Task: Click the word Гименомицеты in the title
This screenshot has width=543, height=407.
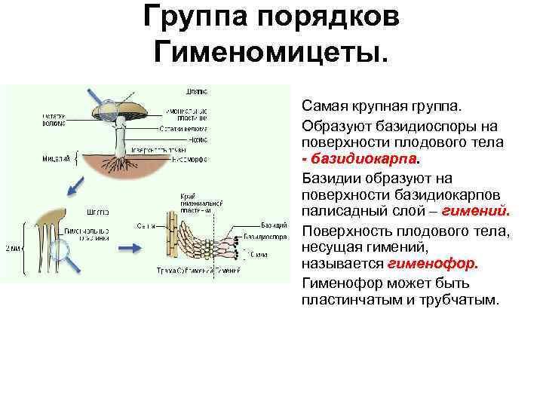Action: [271, 52]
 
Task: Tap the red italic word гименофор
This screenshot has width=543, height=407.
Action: [433, 265]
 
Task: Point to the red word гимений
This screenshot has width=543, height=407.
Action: [474, 213]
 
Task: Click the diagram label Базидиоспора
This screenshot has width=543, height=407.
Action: [266, 236]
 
